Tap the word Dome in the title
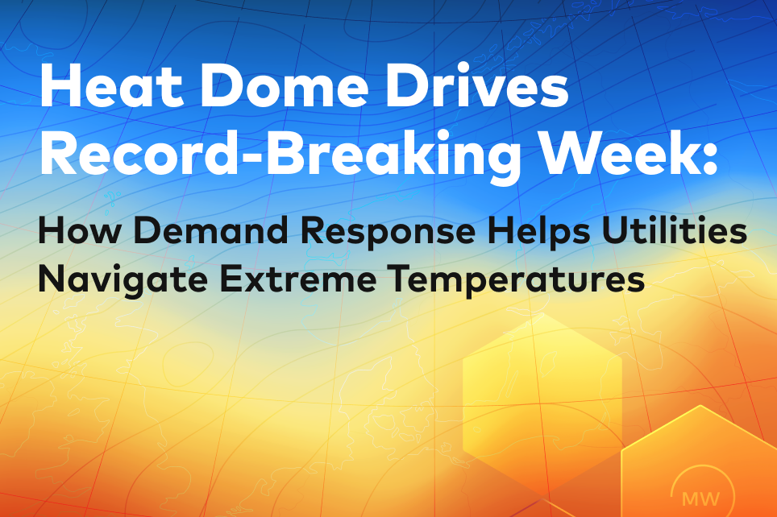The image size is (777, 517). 284,85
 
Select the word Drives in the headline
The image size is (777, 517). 476,85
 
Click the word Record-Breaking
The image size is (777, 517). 280,154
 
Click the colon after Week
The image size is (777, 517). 709,158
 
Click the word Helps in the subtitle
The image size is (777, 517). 538,232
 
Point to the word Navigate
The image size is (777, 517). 123,279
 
